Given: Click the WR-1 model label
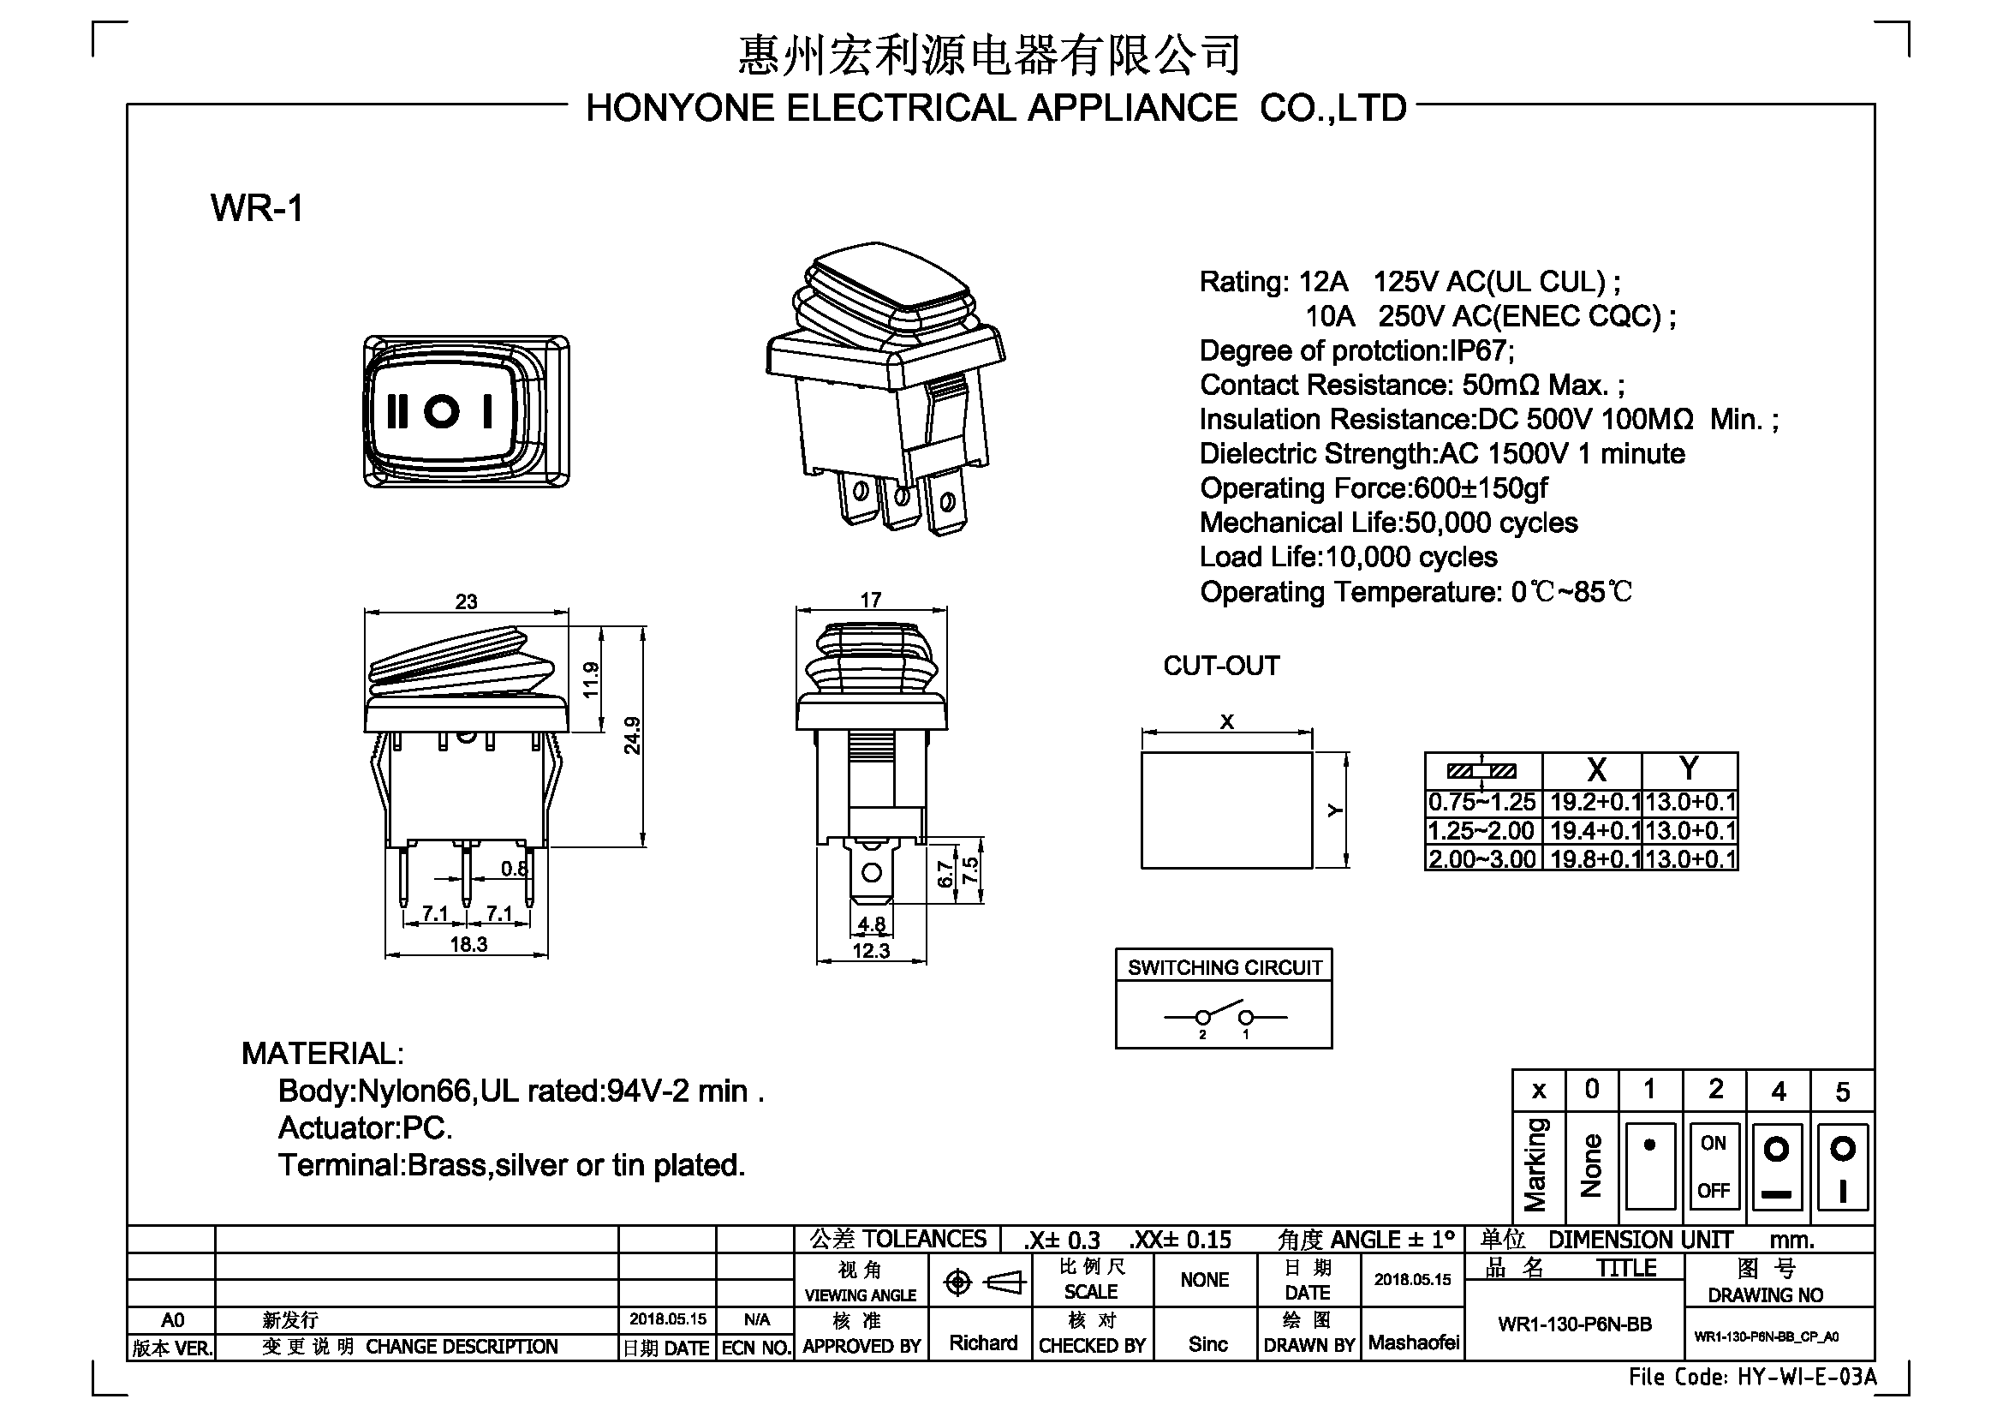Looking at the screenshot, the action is pos(257,208).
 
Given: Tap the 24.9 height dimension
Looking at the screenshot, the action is pos(633,735).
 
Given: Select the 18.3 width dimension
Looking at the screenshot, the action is pos(468,944).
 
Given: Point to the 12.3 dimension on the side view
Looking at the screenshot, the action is pos(871,950).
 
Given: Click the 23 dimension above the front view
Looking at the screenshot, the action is pos(467,601).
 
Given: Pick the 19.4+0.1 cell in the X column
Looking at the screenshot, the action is pos(1594,831).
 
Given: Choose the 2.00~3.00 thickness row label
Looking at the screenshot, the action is pos(1482,858).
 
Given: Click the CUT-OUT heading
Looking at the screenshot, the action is pos(1221,666).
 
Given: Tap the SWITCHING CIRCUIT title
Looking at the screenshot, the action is pos(1225,966).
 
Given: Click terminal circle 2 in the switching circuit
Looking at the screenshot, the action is pos(1203,1018).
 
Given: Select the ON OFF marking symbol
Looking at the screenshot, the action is pos(1714,1167).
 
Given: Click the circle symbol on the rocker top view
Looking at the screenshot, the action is pos(441,411).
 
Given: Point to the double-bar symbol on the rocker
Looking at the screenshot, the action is pos(397,411).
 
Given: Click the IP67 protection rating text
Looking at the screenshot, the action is pos(1481,350).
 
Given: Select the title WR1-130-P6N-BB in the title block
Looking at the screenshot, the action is pos(1575,1324).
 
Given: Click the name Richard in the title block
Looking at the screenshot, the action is pos(983,1342).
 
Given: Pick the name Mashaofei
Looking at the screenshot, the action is pos(1413,1342).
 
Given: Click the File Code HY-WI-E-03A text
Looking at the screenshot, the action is pos(1753,1377).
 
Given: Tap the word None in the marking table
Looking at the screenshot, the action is pos(1591,1165).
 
